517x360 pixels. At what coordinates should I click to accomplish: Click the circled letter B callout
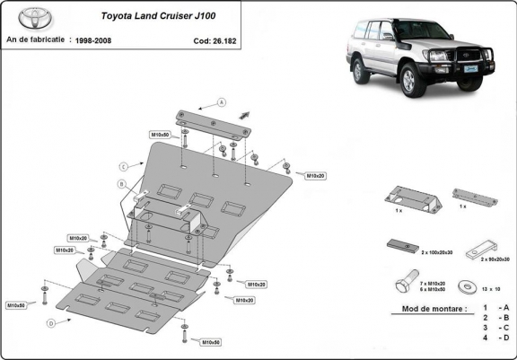click(x=121, y=184)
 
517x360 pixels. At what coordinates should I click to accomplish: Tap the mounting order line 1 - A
click(x=496, y=308)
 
